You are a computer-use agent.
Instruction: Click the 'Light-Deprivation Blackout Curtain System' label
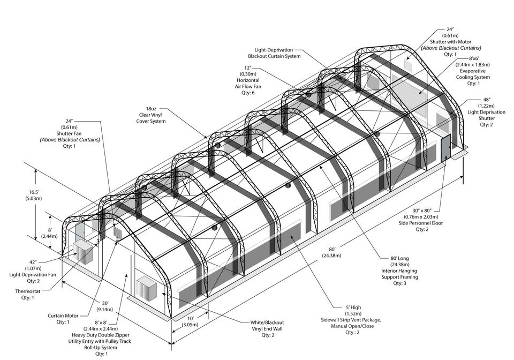coord(274,52)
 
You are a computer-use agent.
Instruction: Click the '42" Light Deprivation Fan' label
coord(33,270)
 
